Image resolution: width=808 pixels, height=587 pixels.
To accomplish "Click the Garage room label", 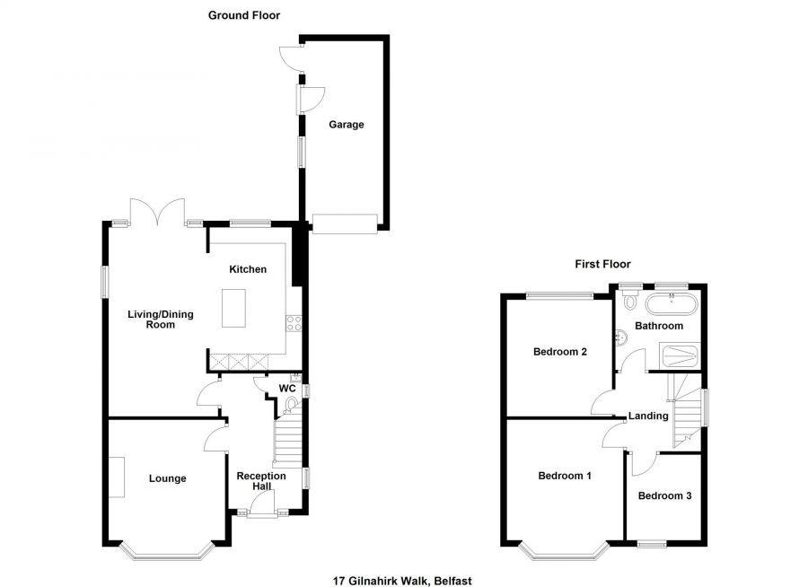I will [346, 125].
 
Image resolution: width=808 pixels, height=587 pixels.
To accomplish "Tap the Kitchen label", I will [247, 269].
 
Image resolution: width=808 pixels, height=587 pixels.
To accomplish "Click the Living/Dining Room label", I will [161, 319].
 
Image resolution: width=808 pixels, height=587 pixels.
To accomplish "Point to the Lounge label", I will [168, 478].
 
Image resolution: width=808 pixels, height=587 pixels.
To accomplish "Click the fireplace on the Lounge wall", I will [118, 477].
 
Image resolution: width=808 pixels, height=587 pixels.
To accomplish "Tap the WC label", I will [287, 389].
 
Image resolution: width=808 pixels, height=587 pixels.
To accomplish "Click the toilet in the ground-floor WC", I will [289, 406].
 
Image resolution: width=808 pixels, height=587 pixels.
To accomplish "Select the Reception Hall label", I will [261, 481].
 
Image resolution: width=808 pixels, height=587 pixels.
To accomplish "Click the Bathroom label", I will [659, 326].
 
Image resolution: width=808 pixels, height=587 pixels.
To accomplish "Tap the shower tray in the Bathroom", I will [677, 356].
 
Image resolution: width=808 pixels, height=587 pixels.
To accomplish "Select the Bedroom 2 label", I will [560, 352].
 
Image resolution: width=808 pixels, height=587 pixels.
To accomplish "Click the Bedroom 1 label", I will [564, 476].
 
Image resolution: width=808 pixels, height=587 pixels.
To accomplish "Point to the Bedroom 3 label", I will [665, 495].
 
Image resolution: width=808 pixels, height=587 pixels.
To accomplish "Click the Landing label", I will [648, 416].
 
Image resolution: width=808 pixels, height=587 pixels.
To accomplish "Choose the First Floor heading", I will [602, 264].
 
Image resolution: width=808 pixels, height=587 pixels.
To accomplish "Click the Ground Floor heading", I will [243, 15].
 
